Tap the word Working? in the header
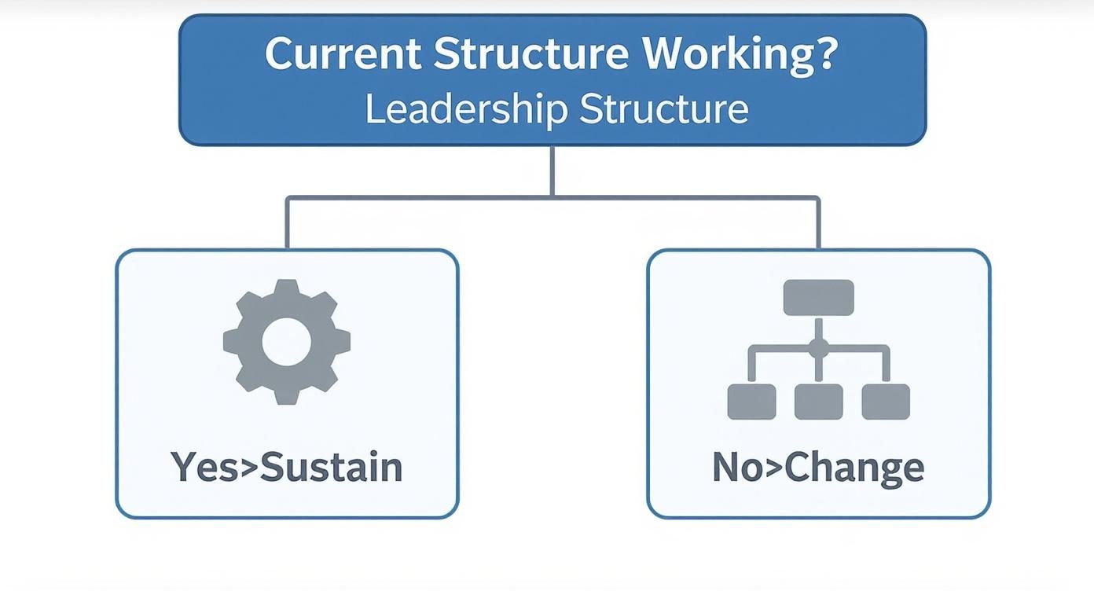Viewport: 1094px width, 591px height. pos(738,54)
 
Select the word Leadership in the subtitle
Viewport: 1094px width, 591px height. pos(467,109)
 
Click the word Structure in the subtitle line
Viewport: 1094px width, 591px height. pos(664,109)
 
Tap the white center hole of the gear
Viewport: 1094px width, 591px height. pos(286,343)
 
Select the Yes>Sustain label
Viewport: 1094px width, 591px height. pos(286,467)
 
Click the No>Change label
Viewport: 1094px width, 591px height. pos(818,467)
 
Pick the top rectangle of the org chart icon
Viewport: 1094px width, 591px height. pos(819,298)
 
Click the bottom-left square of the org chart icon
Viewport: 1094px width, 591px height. pos(752,402)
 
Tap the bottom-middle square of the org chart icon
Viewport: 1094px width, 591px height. pos(819,402)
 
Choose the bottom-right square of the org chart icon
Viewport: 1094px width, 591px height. pos(886,402)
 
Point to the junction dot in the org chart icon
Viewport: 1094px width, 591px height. pos(819,347)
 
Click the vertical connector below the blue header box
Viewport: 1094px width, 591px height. pos(553,171)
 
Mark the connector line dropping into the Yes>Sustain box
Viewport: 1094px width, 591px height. pos(287,223)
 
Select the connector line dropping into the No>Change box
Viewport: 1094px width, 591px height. pos(819,223)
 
